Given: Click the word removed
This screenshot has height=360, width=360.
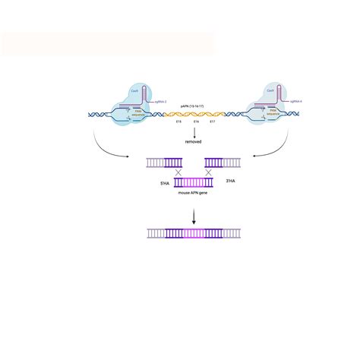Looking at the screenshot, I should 194,142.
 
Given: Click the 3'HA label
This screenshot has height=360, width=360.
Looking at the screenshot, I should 230,180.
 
